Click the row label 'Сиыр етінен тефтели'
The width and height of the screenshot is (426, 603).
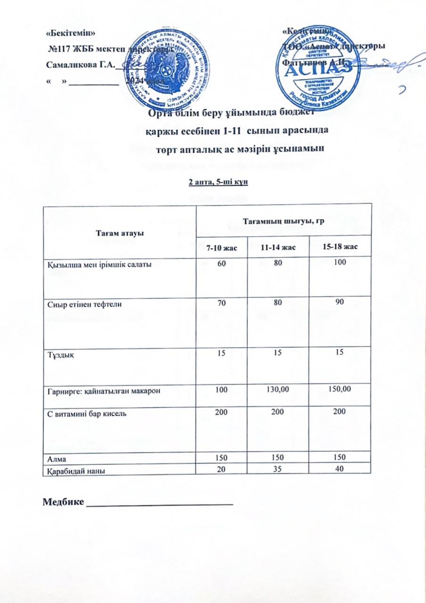click(85, 305)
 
